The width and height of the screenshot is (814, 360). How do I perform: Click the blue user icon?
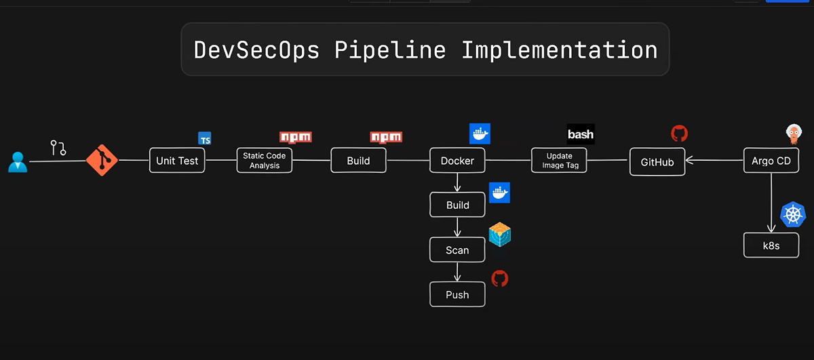[x=18, y=161]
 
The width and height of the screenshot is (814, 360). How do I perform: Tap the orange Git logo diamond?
[x=102, y=161]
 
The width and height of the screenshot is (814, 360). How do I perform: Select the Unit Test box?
[x=177, y=161]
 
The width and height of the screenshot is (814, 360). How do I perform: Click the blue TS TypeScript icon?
[x=204, y=138]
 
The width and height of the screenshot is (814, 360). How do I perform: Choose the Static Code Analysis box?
[x=265, y=161]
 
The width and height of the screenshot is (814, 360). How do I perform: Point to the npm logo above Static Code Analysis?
[x=295, y=137]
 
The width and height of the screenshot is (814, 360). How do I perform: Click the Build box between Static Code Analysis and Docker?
[x=358, y=161]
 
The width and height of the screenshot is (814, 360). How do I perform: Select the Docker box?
[x=458, y=161]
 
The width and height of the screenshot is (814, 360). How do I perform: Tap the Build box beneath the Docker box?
[x=458, y=205]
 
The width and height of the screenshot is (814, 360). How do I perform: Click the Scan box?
[x=458, y=250]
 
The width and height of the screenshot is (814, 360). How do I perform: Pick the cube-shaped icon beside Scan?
[x=500, y=235]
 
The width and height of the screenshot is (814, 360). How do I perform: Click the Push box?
[x=458, y=295]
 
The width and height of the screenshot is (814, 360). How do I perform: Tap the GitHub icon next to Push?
[x=500, y=279]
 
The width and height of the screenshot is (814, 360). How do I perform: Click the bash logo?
[x=581, y=134]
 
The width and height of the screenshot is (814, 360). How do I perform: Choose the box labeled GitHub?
[x=657, y=162]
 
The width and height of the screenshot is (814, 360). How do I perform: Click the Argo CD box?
[x=771, y=161]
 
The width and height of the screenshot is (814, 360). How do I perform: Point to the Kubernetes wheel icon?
[x=792, y=215]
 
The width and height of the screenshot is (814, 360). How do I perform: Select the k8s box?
[x=771, y=245]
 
